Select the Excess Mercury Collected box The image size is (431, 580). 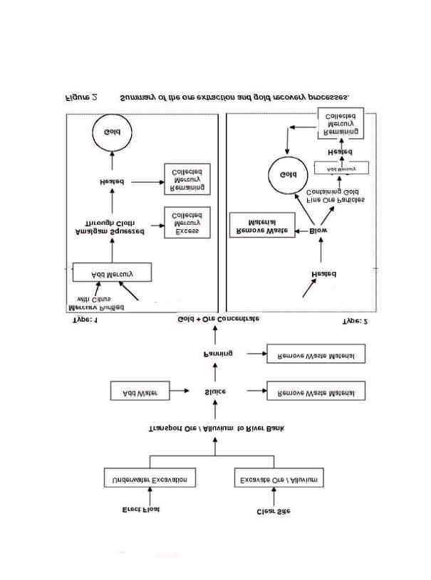(x=187, y=223)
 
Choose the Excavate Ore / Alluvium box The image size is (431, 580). (x=279, y=479)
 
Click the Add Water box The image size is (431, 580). (x=140, y=391)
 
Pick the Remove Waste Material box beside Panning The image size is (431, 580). (x=315, y=354)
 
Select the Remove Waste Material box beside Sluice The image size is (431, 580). (x=315, y=391)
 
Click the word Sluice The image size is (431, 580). (x=214, y=391)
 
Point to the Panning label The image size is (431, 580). (x=214, y=354)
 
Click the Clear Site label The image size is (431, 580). (x=272, y=511)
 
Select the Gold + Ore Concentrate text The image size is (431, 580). (x=218, y=320)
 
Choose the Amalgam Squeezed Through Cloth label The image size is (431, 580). (x=112, y=227)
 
